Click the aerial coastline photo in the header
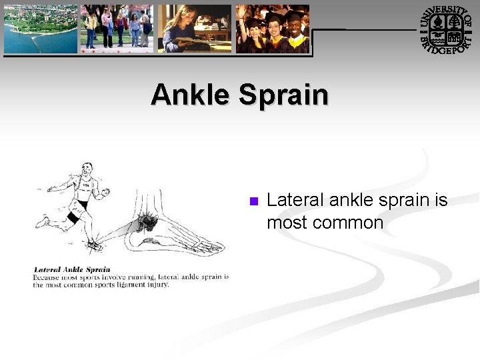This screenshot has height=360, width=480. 40,28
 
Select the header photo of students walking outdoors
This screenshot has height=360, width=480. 117,28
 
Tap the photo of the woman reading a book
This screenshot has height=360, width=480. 194,28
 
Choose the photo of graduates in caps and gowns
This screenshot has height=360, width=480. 272,28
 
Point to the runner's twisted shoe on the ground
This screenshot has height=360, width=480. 94,245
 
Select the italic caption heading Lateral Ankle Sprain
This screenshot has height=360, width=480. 72,270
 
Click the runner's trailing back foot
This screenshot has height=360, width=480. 43,221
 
